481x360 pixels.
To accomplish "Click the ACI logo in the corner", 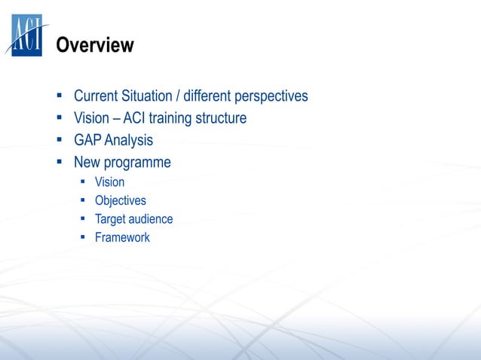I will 26,35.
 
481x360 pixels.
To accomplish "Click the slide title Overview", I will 95,46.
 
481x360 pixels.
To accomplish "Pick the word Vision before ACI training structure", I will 91,118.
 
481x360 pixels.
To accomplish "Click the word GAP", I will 87,140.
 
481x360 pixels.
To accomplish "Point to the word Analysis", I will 129,141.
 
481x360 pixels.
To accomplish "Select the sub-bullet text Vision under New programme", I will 109,182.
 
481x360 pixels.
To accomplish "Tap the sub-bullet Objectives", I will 120,200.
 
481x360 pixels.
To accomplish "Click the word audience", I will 151,219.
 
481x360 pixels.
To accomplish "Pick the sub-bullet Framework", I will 122,237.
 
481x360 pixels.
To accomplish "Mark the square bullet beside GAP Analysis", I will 58,140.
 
